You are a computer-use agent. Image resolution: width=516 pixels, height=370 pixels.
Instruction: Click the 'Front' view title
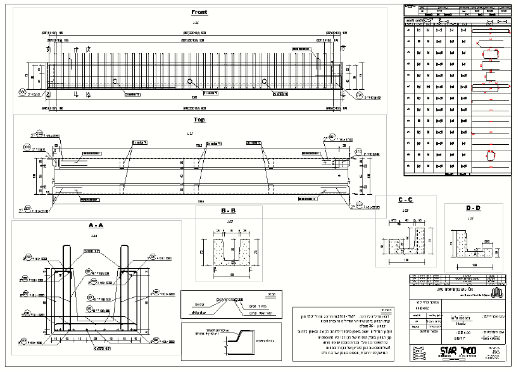tap(199, 12)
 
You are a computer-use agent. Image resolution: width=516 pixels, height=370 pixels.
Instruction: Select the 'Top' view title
tap(199, 120)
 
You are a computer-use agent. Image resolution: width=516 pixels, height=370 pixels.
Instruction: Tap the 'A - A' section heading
tap(96, 225)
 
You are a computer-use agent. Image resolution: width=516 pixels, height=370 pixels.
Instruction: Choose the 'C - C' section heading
tap(405, 200)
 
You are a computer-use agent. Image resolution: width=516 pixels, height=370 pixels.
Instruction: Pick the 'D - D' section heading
tap(473, 208)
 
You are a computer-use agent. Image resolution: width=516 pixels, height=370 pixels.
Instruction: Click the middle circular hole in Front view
tap(189, 80)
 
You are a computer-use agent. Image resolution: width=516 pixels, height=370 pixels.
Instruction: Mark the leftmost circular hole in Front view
tap(115, 80)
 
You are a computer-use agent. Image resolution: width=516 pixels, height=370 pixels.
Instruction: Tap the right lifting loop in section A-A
tap(125, 259)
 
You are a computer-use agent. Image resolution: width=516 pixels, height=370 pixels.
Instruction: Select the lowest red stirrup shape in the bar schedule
tap(489, 155)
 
